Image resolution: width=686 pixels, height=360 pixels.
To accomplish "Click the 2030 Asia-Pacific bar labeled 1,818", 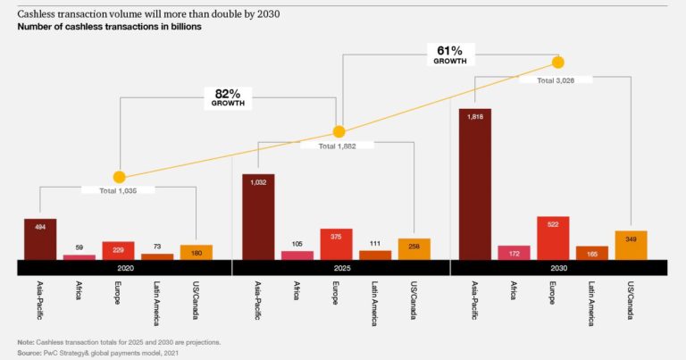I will pos(475,184).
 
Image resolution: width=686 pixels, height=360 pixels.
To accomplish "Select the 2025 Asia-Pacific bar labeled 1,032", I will pos(258,216).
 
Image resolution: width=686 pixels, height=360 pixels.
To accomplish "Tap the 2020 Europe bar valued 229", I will pos(118,250).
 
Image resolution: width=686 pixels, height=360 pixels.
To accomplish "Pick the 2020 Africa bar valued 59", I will pos(79,256).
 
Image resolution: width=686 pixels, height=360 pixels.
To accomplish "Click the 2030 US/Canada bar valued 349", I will pos(631,245).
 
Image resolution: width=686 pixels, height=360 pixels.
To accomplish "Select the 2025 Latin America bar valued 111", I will pos(375,255).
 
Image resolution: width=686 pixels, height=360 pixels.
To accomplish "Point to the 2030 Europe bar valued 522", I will pos(553,238).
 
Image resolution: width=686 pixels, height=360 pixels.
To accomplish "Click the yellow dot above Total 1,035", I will pos(119,177).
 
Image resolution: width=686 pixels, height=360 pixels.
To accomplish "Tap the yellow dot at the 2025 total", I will pos(339,130).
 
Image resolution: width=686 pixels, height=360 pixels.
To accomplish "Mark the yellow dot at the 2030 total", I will pos(558,62).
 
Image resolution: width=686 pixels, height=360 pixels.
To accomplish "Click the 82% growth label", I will pos(228,96).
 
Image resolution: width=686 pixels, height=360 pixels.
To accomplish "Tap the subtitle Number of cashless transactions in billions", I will pos(109,27).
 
